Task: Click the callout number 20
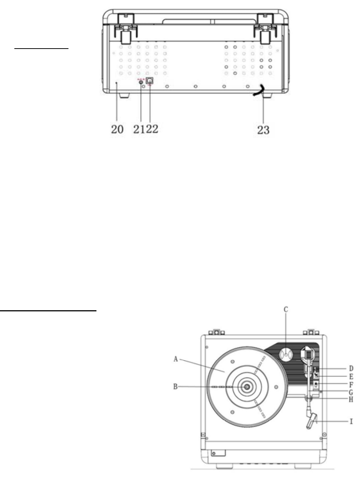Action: [117, 129]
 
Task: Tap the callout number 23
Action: [263, 130]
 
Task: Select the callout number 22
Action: [152, 129]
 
